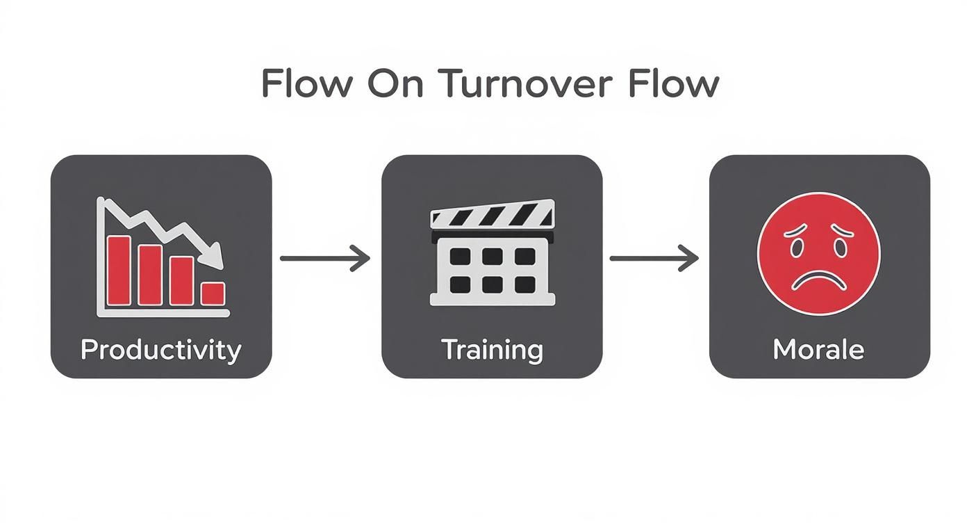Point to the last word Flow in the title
[x=672, y=84]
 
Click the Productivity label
[x=160, y=349]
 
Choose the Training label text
[x=492, y=349]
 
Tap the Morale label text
[x=818, y=349]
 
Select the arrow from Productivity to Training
[x=324, y=258]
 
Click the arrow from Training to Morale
[x=654, y=258]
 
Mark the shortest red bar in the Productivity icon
[x=213, y=293]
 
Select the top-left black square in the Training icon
[x=460, y=257]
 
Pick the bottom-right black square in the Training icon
[x=524, y=284]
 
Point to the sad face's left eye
[x=795, y=245]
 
